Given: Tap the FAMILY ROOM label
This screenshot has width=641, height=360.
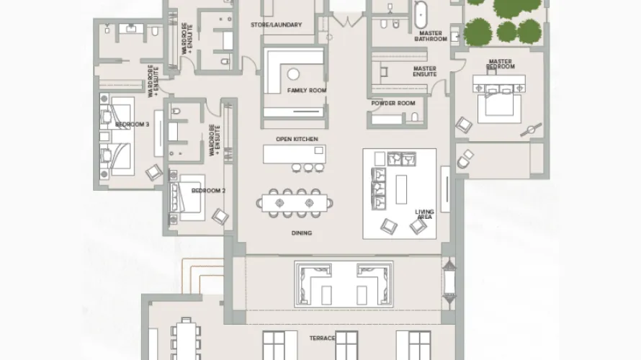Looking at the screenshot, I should coord(307,90).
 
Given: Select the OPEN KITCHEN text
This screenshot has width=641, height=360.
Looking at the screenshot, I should coord(297,139).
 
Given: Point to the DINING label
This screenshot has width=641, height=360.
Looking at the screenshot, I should coord(302,233).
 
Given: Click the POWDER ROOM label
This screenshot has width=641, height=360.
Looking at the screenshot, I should coord(393,104).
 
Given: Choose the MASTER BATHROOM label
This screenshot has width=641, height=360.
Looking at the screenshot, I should coord(431,35).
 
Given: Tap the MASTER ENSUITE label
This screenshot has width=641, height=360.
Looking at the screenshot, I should coord(424,71).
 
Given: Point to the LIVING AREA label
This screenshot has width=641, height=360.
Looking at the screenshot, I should coord(424,214).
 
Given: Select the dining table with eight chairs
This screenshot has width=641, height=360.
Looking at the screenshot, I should coord(292,202).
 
